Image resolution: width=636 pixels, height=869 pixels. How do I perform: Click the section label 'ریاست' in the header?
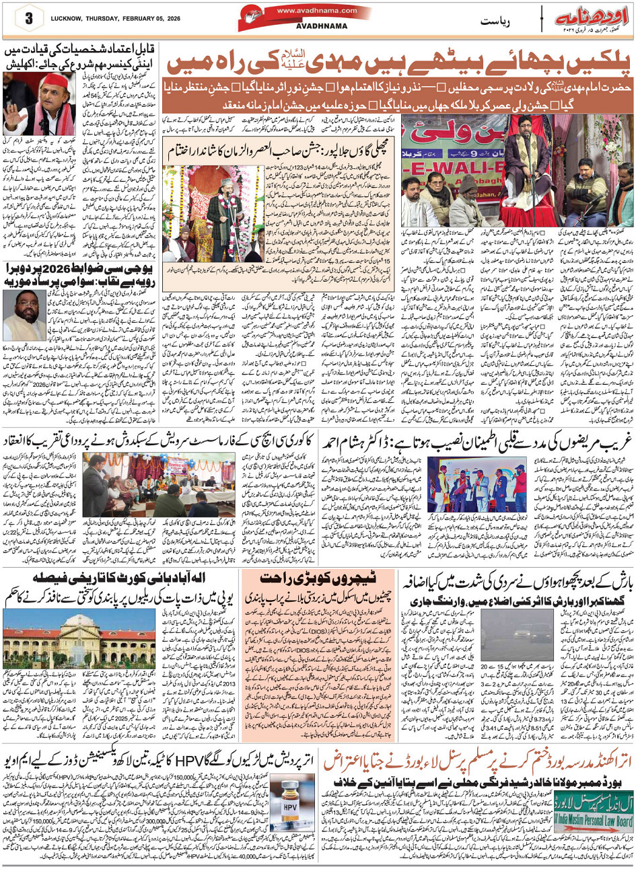497,22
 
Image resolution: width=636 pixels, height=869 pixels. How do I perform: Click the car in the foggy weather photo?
506,636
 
